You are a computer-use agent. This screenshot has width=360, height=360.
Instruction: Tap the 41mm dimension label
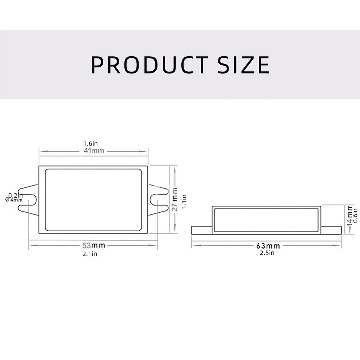coord(93,151)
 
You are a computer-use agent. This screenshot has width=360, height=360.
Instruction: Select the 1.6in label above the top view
coord(90,143)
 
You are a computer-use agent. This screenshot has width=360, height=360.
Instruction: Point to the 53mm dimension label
coord(93,245)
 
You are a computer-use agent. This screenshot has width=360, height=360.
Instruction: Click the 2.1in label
coord(90,254)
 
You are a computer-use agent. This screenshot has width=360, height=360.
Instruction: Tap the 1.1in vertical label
coord(184,202)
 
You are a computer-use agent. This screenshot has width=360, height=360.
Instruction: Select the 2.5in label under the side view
coord(267,253)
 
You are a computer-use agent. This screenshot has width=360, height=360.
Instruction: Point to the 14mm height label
coord(349,217)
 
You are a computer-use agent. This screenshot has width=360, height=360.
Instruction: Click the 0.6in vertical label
coord(355,215)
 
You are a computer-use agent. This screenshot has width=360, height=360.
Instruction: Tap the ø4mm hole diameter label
coord(14,200)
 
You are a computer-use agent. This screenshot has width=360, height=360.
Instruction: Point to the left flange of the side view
coord(201,230)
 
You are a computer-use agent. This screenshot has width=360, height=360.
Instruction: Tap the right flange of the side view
coord(331,230)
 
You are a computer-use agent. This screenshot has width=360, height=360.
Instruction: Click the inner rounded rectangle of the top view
coord(94,200)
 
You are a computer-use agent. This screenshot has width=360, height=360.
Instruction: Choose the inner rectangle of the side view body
coord(266,220)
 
